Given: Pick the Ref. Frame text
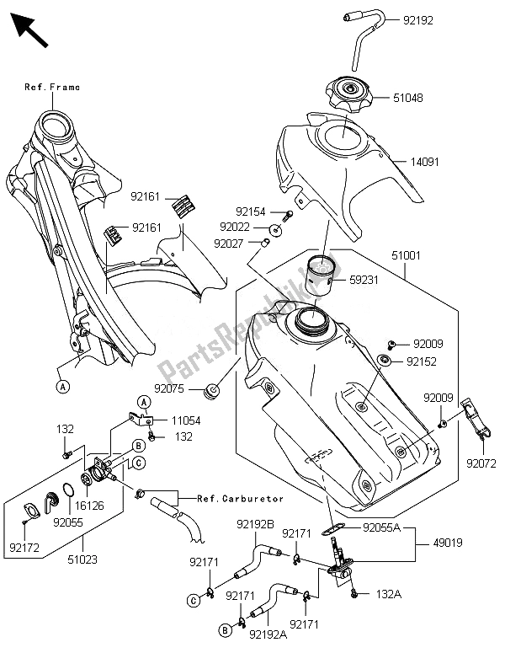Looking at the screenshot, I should (52, 87).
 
